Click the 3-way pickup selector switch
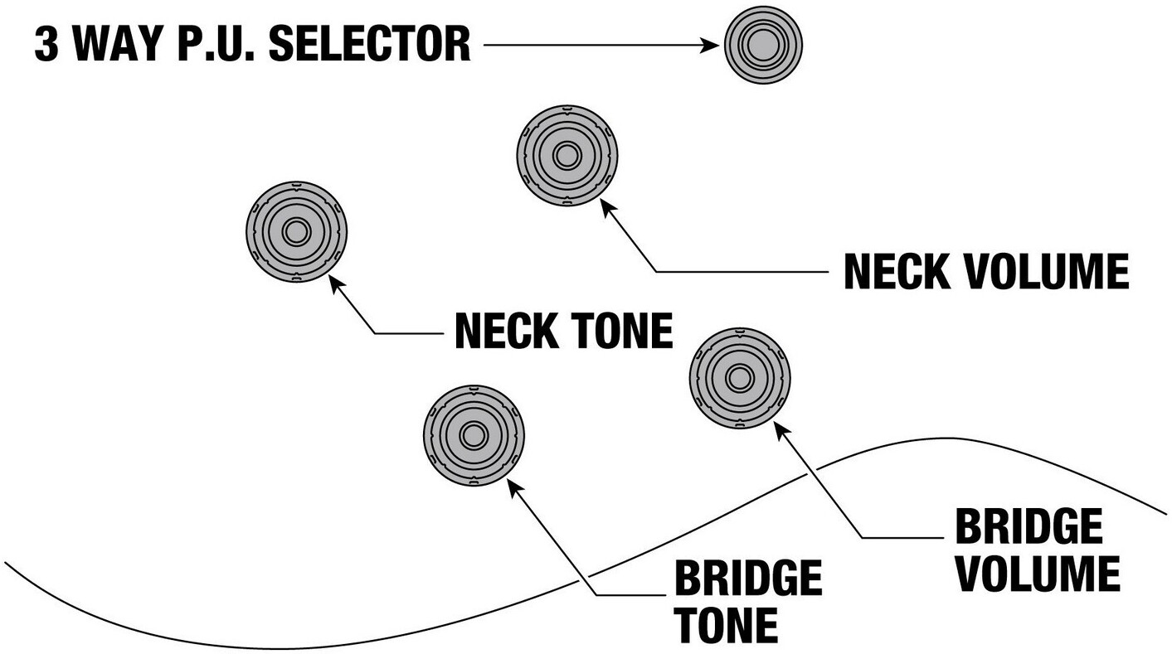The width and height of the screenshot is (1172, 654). point(763,45)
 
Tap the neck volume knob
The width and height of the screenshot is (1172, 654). point(567,155)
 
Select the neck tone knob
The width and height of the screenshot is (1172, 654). point(296,231)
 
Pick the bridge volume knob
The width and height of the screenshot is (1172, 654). point(739,378)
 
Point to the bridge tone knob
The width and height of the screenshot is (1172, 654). point(474,435)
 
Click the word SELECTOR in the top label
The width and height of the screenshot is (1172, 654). point(371,45)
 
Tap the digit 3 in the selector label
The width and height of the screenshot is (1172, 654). point(47,45)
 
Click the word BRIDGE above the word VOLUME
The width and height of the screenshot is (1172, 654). point(1029,526)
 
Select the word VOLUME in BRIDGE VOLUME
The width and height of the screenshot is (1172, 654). point(1037,574)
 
